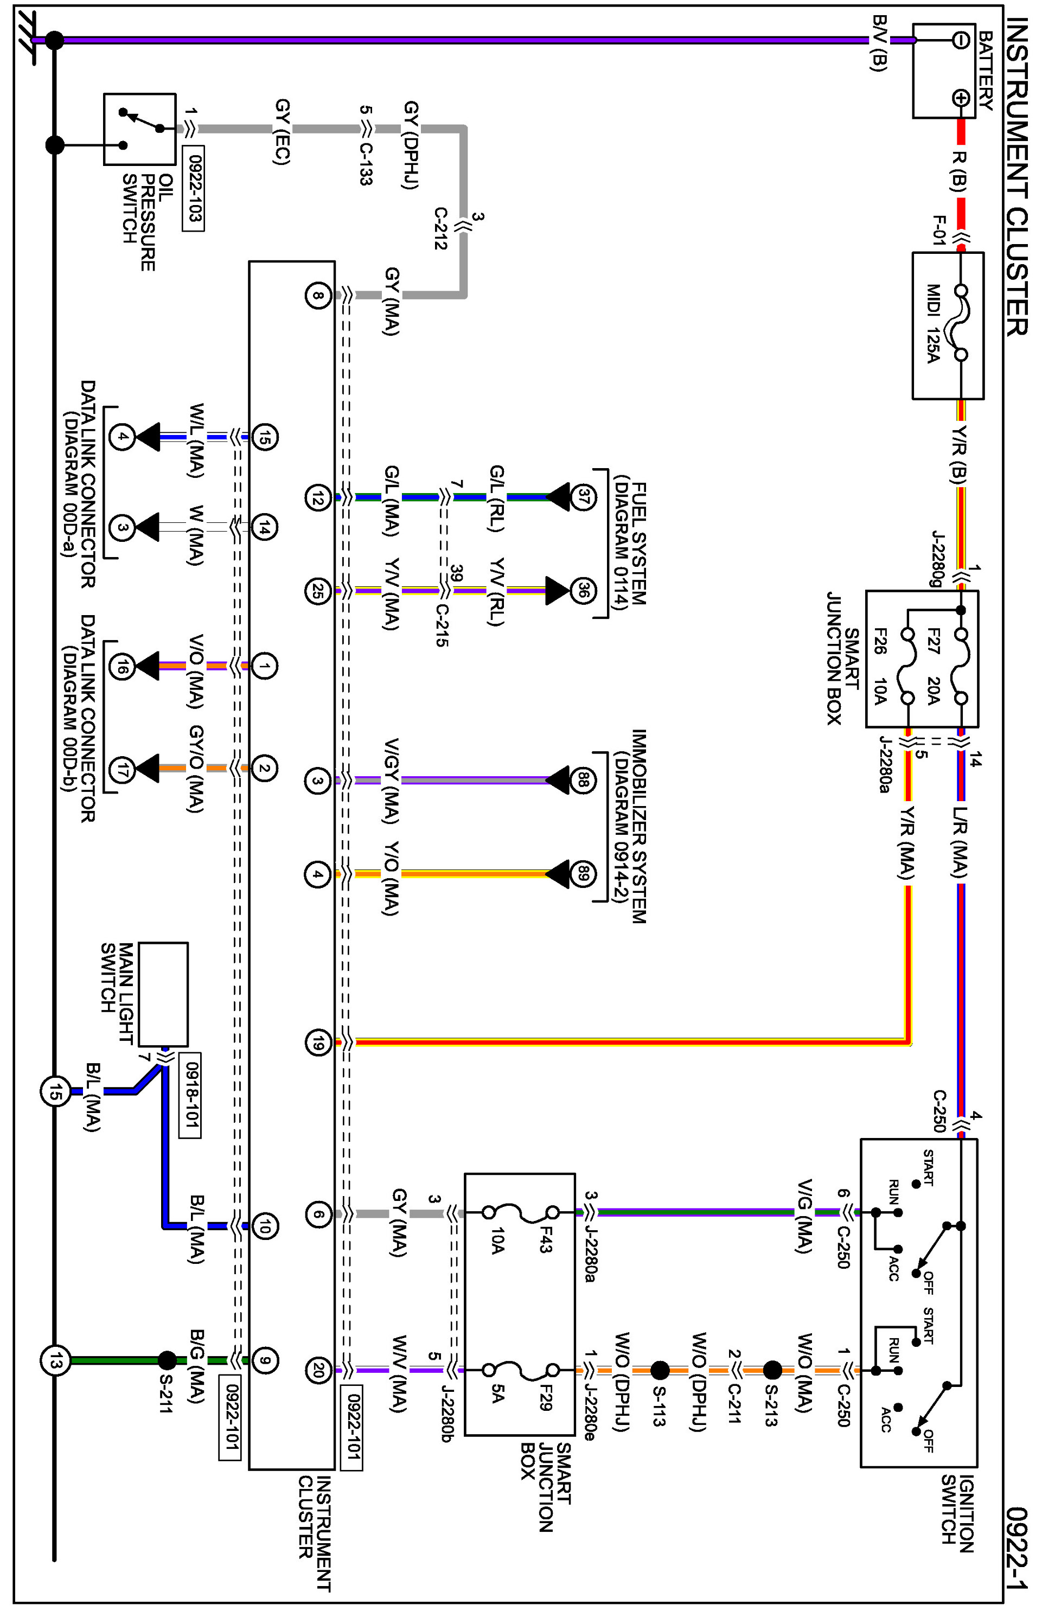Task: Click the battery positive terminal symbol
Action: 960,98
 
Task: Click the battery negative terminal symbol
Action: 960,41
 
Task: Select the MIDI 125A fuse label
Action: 933,323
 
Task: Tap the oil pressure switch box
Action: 140,129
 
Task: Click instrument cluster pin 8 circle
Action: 317,295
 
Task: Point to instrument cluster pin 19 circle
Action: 317,1043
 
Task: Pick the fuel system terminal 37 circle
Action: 583,497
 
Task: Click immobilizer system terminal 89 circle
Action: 583,874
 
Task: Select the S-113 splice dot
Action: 660,1371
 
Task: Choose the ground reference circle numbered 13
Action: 55,1360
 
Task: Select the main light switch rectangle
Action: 163,994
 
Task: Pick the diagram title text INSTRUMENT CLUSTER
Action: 1017,177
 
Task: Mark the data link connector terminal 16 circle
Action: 122,667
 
